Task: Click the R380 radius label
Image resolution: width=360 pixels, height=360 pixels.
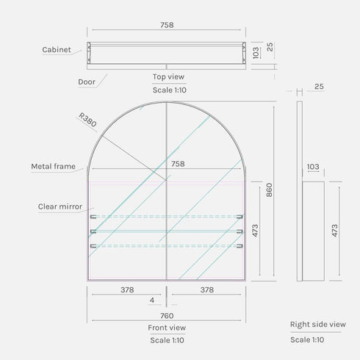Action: coord(87,120)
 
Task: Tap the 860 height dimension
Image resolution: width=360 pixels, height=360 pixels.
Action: coord(269,190)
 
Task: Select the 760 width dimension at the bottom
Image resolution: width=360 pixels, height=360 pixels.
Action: coord(167,316)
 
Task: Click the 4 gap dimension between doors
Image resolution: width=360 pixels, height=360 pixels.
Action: coord(152,300)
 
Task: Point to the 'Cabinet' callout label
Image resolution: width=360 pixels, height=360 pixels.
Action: coord(57,50)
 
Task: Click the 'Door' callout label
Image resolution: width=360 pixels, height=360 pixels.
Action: coord(87,82)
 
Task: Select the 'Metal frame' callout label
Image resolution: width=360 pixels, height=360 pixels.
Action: coord(53,167)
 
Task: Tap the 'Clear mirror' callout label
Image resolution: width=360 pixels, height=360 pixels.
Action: coord(60,206)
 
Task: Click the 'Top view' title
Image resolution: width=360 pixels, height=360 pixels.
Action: coord(168,76)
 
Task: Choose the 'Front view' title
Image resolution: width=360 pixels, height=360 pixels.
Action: coord(167,328)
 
